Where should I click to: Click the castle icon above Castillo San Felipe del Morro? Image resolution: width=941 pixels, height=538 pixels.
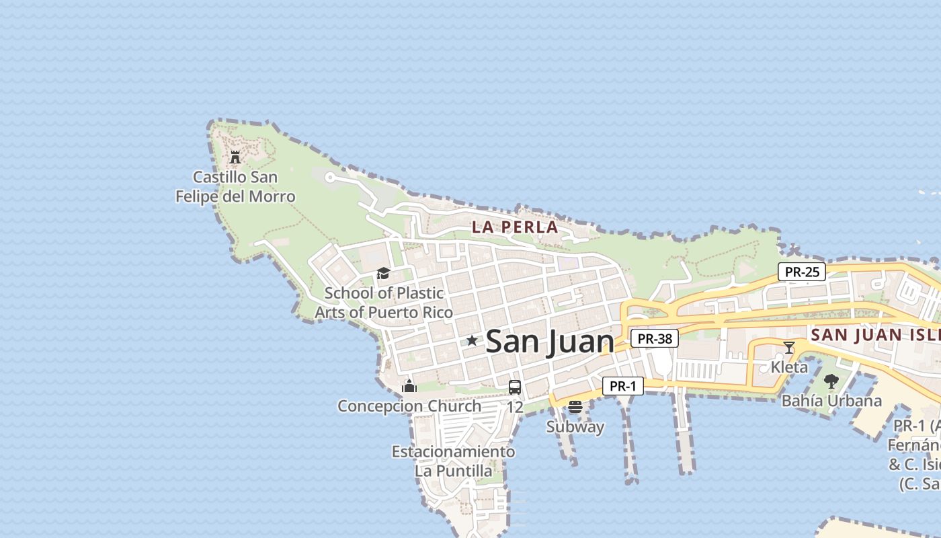click(235, 157)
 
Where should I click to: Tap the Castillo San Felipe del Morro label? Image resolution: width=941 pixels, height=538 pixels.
click(235, 187)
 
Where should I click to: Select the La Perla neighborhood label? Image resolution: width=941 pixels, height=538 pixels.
click(515, 227)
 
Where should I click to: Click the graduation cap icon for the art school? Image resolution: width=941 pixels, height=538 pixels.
click(383, 273)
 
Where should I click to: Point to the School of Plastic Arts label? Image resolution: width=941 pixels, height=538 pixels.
click(384, 303)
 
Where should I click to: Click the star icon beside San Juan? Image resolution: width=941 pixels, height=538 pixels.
click(472, 341)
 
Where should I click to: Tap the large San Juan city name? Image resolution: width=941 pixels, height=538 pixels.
click(550, 341)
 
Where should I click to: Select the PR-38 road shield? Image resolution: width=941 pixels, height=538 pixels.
click(655, 339)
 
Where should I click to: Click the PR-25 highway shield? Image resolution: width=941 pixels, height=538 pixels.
click(802, 272)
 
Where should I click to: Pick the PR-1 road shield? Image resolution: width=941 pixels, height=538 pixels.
click(623, 386)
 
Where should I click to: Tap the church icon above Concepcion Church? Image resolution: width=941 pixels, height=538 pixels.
click(409, 386)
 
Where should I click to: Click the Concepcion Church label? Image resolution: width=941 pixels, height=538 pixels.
click(409, 406)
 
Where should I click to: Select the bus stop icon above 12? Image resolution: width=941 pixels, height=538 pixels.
click(515, 387)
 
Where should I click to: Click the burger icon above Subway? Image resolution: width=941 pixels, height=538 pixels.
click(575, 407)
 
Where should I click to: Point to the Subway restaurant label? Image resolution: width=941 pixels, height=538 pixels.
click(575, 427)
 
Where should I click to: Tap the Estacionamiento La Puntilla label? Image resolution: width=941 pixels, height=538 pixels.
click(454, 461)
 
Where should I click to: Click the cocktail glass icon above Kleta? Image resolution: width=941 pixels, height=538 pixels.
click(789, 348)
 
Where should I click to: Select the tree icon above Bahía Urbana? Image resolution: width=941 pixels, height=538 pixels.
click(831, 381)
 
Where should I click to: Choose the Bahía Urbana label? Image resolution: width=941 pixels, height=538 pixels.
click(831, 401)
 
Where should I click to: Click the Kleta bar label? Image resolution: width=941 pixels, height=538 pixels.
click(789, 367)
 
